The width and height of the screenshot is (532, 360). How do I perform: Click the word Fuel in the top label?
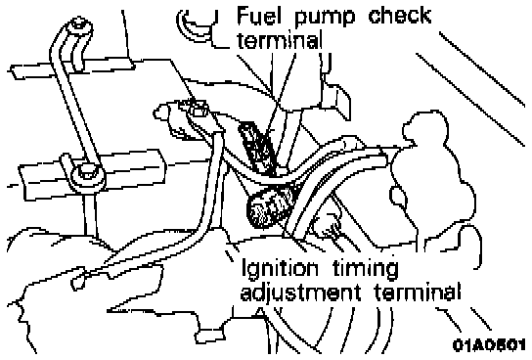point(259,16)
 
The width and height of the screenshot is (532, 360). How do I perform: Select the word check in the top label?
point(400,16)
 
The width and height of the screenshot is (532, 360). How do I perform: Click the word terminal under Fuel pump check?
point(280,41)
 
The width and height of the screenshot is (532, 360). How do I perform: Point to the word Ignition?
point(280,269)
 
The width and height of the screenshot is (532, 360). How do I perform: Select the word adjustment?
point(300,292)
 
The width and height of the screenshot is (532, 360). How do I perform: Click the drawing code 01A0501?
point(489,345)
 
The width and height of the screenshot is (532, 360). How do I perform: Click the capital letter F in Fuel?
point(243,16)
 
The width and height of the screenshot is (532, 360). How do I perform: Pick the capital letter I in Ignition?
point(244,268)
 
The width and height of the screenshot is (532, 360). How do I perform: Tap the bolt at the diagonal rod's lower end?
point(86,172)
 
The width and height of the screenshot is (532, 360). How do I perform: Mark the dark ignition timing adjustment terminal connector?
point(269,207)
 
